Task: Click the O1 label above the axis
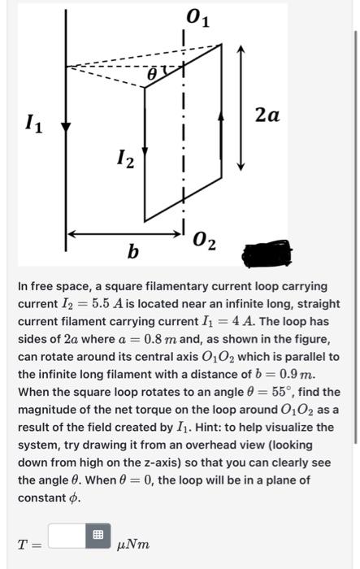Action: tap(197, 16)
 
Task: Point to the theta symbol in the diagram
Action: tap(152, 75)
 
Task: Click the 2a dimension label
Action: tap(267, 115)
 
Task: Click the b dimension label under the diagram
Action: tap(132, 253)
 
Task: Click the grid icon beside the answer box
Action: tap(98, 535)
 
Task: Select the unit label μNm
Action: tap(133, 543)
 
